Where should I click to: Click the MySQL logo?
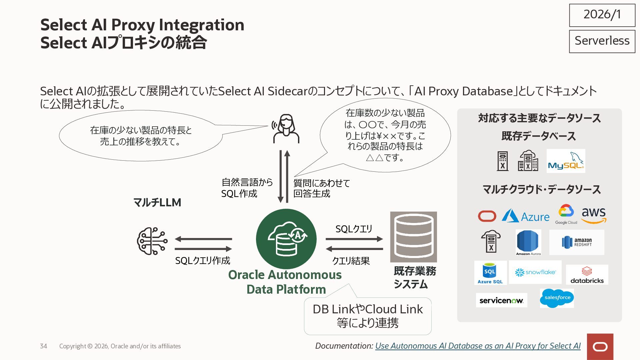pos(566,161)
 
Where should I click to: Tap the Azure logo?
pos(525,216)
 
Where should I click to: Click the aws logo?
pos(594,215)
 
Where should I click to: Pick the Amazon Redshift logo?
pos(577,242)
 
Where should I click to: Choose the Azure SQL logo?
pos(490,273)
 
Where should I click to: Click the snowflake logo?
pos(535,272)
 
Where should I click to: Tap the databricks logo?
pos(587,275)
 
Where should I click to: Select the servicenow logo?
pos(501,300)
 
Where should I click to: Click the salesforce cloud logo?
pos(557,298)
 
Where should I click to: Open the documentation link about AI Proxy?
pos(478,346)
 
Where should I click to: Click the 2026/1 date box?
pos(602,15)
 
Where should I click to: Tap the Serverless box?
pos(602,41)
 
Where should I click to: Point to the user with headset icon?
pos(286,129)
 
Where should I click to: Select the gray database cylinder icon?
pos(413,237)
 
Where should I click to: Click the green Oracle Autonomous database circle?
pos(286,239)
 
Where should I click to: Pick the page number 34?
pos(43,346)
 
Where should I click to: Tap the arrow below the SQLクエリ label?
pos(354,239)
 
